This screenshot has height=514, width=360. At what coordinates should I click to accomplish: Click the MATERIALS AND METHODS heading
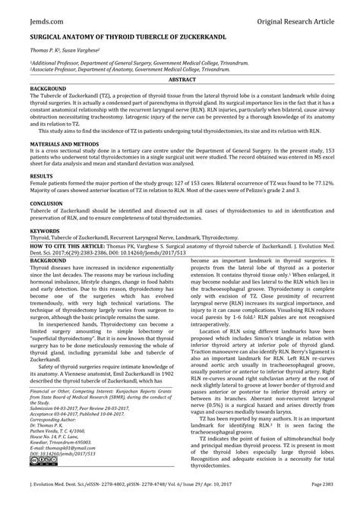[x=66, y=144]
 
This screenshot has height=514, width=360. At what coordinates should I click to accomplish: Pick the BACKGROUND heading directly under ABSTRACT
[x=48, y=88]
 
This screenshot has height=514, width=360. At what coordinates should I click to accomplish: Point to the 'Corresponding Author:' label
[x=58, y=418]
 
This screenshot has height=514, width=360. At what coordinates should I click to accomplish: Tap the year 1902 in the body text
[x=169, y=373]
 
